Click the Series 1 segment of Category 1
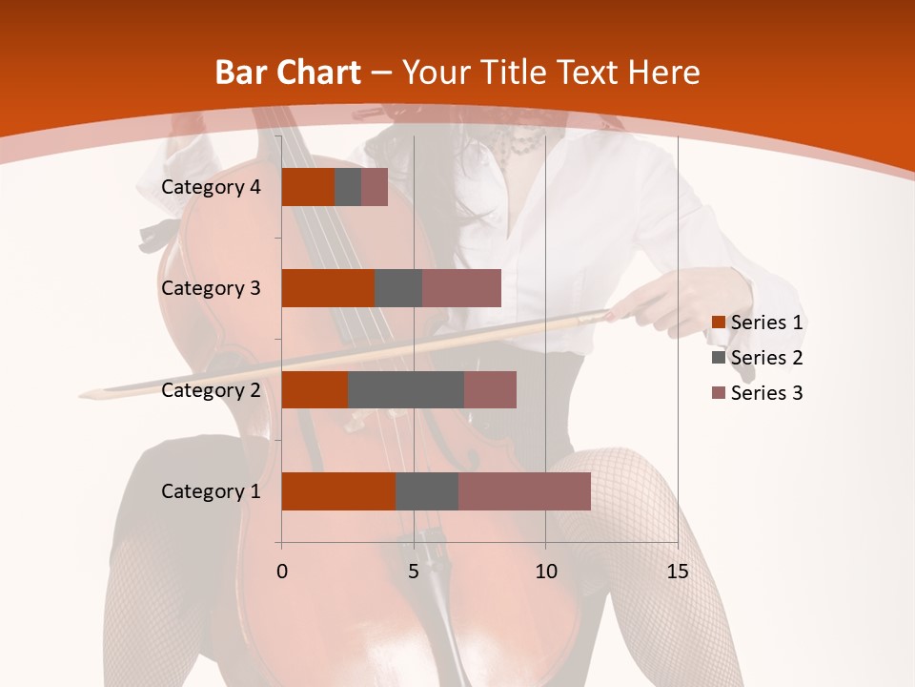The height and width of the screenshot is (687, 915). [338, 491]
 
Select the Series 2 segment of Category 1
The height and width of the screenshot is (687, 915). [427, 491]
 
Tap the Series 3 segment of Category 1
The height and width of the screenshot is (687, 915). [524, 491]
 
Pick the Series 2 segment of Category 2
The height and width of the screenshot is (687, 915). [406, 389]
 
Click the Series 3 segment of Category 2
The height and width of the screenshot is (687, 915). [490, 389]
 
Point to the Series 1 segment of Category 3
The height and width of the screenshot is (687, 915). [328, 288]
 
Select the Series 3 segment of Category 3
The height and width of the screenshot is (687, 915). [461, 288]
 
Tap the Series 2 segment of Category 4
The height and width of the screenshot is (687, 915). [348, 187]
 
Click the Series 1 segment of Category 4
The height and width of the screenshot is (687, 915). [308, 187]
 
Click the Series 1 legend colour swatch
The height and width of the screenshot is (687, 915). [718, 323]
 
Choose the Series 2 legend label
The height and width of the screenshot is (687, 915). [766, 358]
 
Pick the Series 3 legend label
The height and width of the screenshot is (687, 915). [766, 393]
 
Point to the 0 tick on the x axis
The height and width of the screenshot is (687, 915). [281, 572]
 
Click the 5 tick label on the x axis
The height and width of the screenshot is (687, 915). [414, 572]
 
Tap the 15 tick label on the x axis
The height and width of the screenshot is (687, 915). [677, 572]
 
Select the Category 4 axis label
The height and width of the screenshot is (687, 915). [211, 187]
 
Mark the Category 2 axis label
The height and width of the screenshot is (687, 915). [211, 389]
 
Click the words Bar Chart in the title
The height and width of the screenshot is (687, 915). [288, 73]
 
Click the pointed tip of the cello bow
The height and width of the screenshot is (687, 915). [83, 393]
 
